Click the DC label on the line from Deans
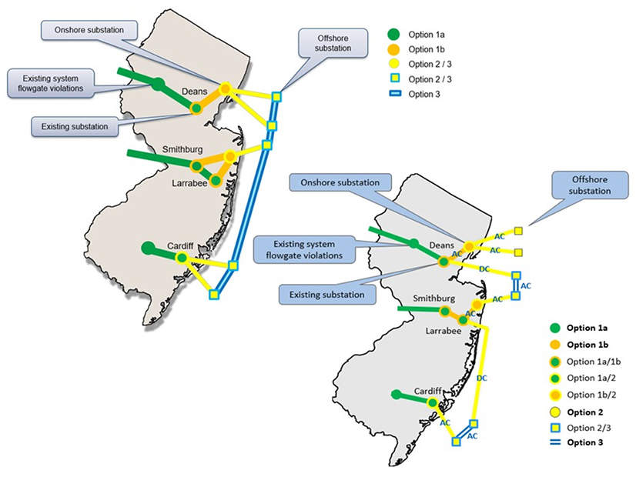tap(485, 269)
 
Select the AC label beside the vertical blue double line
tap(526, 285)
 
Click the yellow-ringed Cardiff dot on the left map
tap(182, 258)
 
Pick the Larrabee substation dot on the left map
tap(216, 180)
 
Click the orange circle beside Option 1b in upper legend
tap(393, 49)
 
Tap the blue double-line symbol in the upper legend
tap(393, 94)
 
